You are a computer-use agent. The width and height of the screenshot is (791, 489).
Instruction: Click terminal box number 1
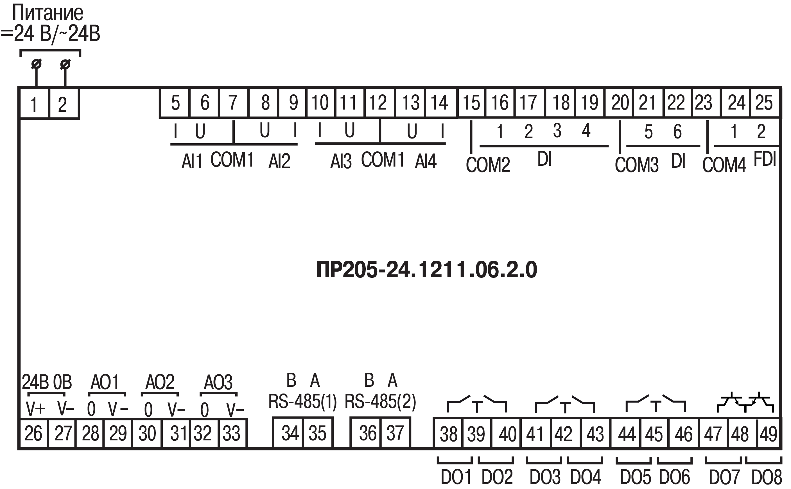[x=34, y=104]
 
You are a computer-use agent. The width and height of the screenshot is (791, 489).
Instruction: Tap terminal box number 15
[x=471, y=103]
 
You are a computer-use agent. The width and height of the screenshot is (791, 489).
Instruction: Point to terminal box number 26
[x=34, y=433]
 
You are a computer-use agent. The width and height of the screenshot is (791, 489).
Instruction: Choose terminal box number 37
[x=395, y=433]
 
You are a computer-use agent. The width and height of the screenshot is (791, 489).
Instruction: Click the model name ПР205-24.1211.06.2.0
[x=427, y=270]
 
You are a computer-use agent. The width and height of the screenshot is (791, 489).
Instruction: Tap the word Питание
[x=48, y=13]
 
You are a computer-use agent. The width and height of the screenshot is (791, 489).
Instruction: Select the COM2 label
[x=488, y=165]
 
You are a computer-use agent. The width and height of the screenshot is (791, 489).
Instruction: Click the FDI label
[x=765, y=159]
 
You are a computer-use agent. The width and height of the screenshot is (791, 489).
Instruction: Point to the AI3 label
[x=341, y=161]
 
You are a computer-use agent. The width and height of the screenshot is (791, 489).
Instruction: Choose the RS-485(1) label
[x=303, y=401]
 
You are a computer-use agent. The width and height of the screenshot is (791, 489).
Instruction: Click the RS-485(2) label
[x=380, y=401]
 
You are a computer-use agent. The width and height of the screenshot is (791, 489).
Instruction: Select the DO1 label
[x=456, y=477]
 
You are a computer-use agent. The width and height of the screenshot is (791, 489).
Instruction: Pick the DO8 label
[x=766, y=477]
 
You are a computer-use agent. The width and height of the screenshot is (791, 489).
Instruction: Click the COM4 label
[x=724, y=165]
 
